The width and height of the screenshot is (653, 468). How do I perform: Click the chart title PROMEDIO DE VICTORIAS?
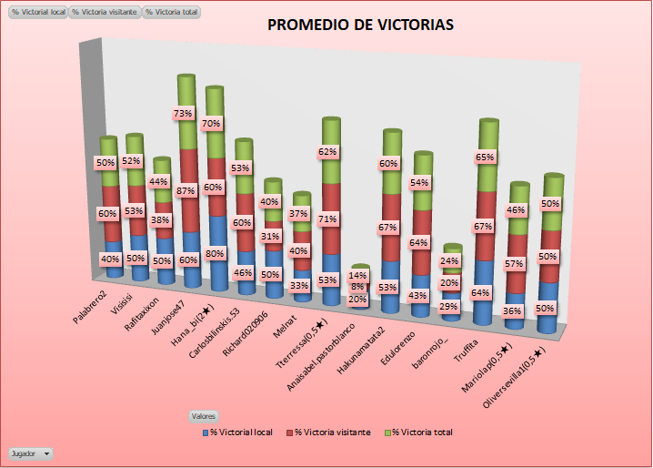tap(360, 25)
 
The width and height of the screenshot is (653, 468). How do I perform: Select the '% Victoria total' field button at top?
tap(173, 13)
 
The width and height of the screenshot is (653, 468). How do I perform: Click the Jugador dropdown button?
tap(30, 453)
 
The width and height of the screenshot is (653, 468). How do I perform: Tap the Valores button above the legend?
tap(203, 416)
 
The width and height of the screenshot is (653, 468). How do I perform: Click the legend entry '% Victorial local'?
tap(237, 432)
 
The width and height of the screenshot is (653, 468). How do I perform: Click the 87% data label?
tap(186, 191)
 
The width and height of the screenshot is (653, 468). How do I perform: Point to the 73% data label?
tap(183, 113)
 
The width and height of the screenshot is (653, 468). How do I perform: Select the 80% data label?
tap(216, 254)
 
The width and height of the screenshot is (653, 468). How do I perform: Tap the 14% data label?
tap(358, 275)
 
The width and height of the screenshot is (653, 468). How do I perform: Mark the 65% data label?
tap(486, 158)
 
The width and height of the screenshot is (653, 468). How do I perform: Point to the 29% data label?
tap(448, 308)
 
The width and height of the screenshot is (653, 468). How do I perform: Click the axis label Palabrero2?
tap(91, 310)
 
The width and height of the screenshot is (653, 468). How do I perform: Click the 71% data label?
tap(328, 219)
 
